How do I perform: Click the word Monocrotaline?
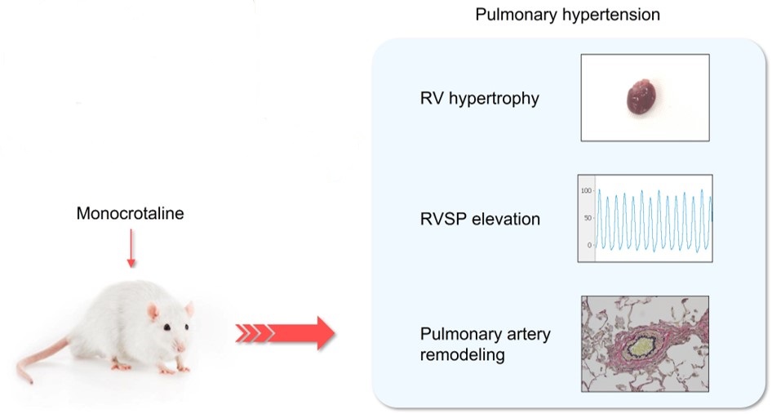pyautogui.click(x=130, y=214)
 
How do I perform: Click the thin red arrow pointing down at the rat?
pyautogui.click(x=131, y=251)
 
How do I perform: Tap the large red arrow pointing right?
pyautogui.click(x=286, y=332)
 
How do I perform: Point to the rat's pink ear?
pyautogui.click(x=154, y=311)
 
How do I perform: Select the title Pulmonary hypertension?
pyautogui.click(x=568, y=15)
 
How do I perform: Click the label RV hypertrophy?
pyautogui.click(x=479, y=100)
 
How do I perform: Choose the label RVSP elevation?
pyautogui.click(x=479, y=219)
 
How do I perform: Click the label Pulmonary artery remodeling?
pyautogui.click(x=485, y=345)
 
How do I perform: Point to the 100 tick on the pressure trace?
pyautogui.click(x=585, y=190)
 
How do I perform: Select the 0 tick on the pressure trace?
pyautogui.click(x=588, y=245)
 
